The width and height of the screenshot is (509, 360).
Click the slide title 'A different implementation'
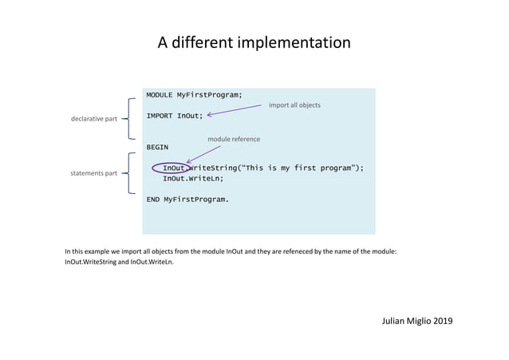point(254,42)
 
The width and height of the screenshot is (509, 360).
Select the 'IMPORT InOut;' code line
point(174,116)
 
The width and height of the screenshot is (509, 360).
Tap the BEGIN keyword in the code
point(157,147)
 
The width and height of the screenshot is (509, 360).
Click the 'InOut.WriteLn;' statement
point(193,179)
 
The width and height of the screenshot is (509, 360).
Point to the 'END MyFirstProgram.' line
point(187,199)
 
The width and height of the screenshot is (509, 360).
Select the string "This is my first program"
point(297,168)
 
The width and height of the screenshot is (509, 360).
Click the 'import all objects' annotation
point(294,105)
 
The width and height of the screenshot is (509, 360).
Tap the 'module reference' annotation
point(234,139)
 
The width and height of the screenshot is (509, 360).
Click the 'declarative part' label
point(95,119)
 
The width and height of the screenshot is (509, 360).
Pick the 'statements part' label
point(94,172)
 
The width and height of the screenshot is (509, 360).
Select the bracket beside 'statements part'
point(130,172)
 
